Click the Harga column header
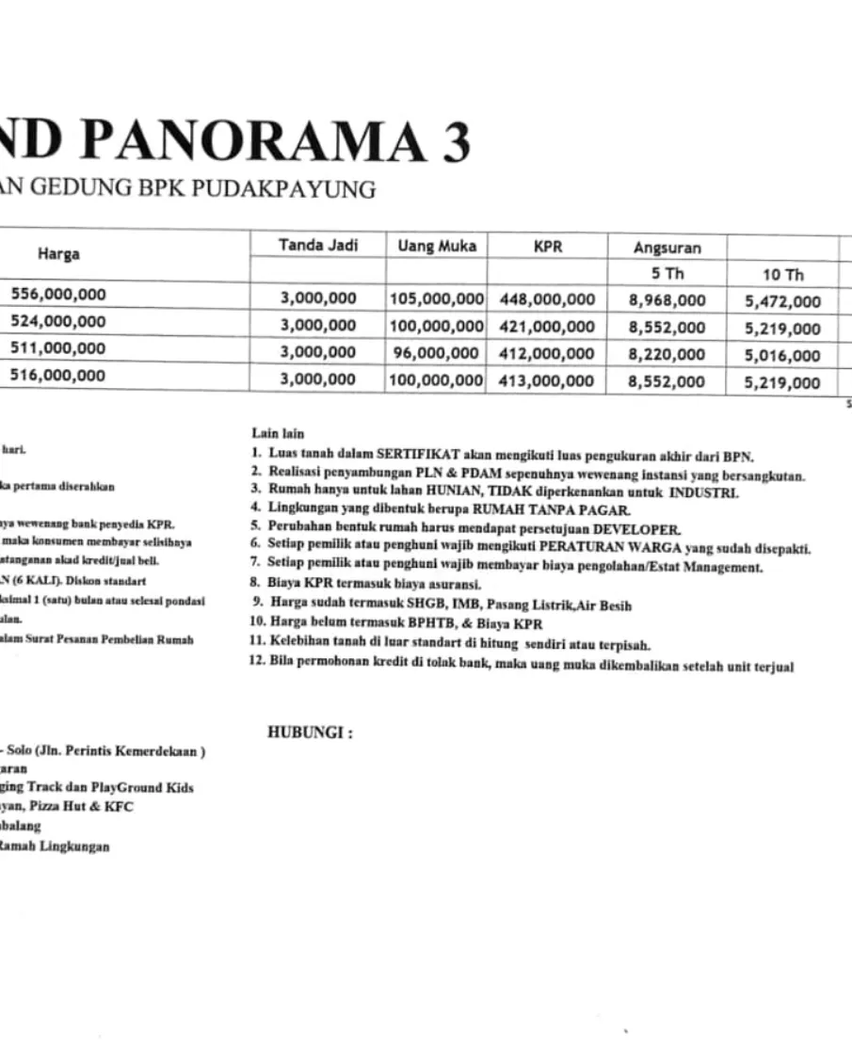[58, 253]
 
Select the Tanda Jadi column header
[317, 246]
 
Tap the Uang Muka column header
[436, 246]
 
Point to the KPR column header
[547, 246]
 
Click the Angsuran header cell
[667, 248]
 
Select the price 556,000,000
[58, 294]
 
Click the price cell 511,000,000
[58, 348]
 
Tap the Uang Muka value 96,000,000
[436, 353]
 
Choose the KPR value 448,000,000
[547, 299]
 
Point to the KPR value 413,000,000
[547, 380]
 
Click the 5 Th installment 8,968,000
[667, 300]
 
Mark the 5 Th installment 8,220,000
[667, 354]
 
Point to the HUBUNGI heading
[310, 733]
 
